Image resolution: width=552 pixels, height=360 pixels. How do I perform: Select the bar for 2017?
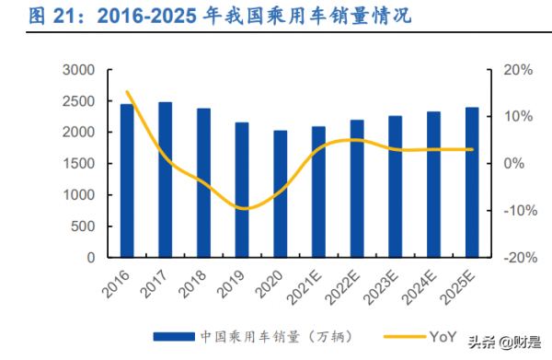pos(166,180)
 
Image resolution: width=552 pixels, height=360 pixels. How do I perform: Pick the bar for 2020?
pos(280,194)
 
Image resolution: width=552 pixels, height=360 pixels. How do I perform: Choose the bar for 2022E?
pos(357,189)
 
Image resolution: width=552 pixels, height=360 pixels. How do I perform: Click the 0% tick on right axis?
pos(512,164)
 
